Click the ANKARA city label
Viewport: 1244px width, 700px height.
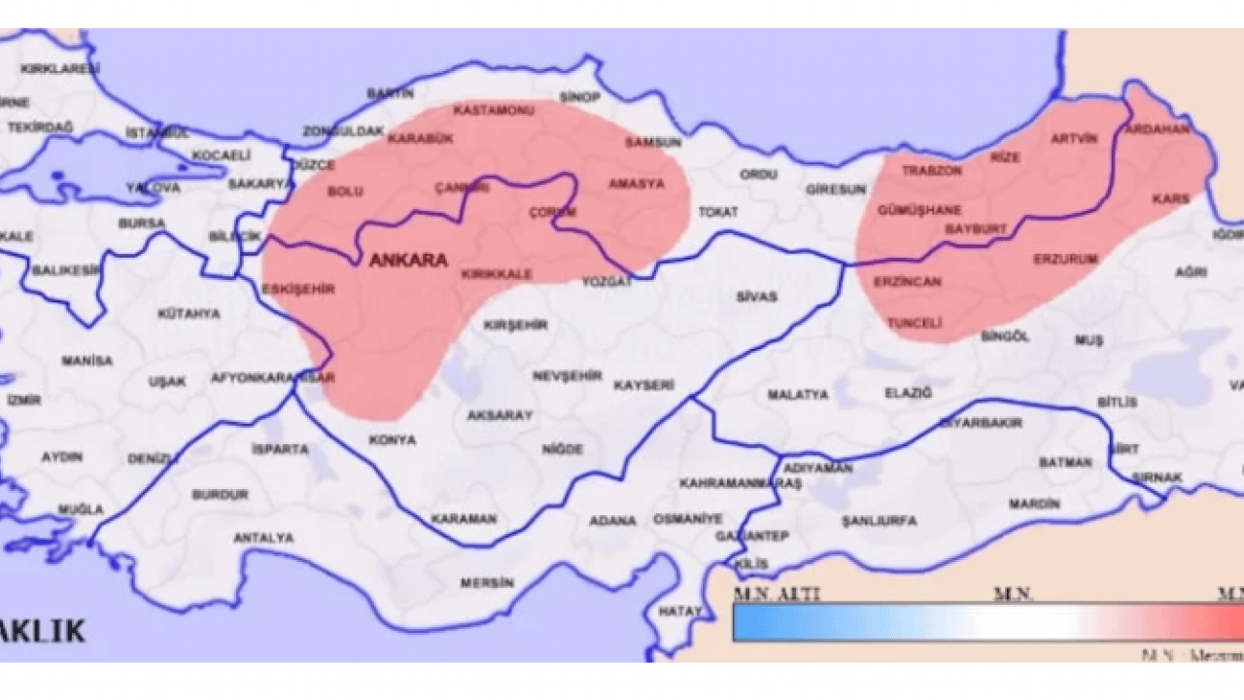408,261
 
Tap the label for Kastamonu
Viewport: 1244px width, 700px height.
494,111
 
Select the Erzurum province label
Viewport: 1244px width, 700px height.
1065,260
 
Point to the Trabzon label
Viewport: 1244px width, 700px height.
931,170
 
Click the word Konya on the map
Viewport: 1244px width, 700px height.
393,439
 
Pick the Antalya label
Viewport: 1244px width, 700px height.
263,538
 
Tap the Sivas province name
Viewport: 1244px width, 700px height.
756,297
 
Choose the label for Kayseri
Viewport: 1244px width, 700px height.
643,385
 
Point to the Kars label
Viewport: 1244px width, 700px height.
1170,198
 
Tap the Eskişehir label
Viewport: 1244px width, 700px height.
298,290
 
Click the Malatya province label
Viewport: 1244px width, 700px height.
798,395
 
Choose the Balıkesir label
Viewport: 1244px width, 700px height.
66,270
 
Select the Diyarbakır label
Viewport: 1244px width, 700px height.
981,424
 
